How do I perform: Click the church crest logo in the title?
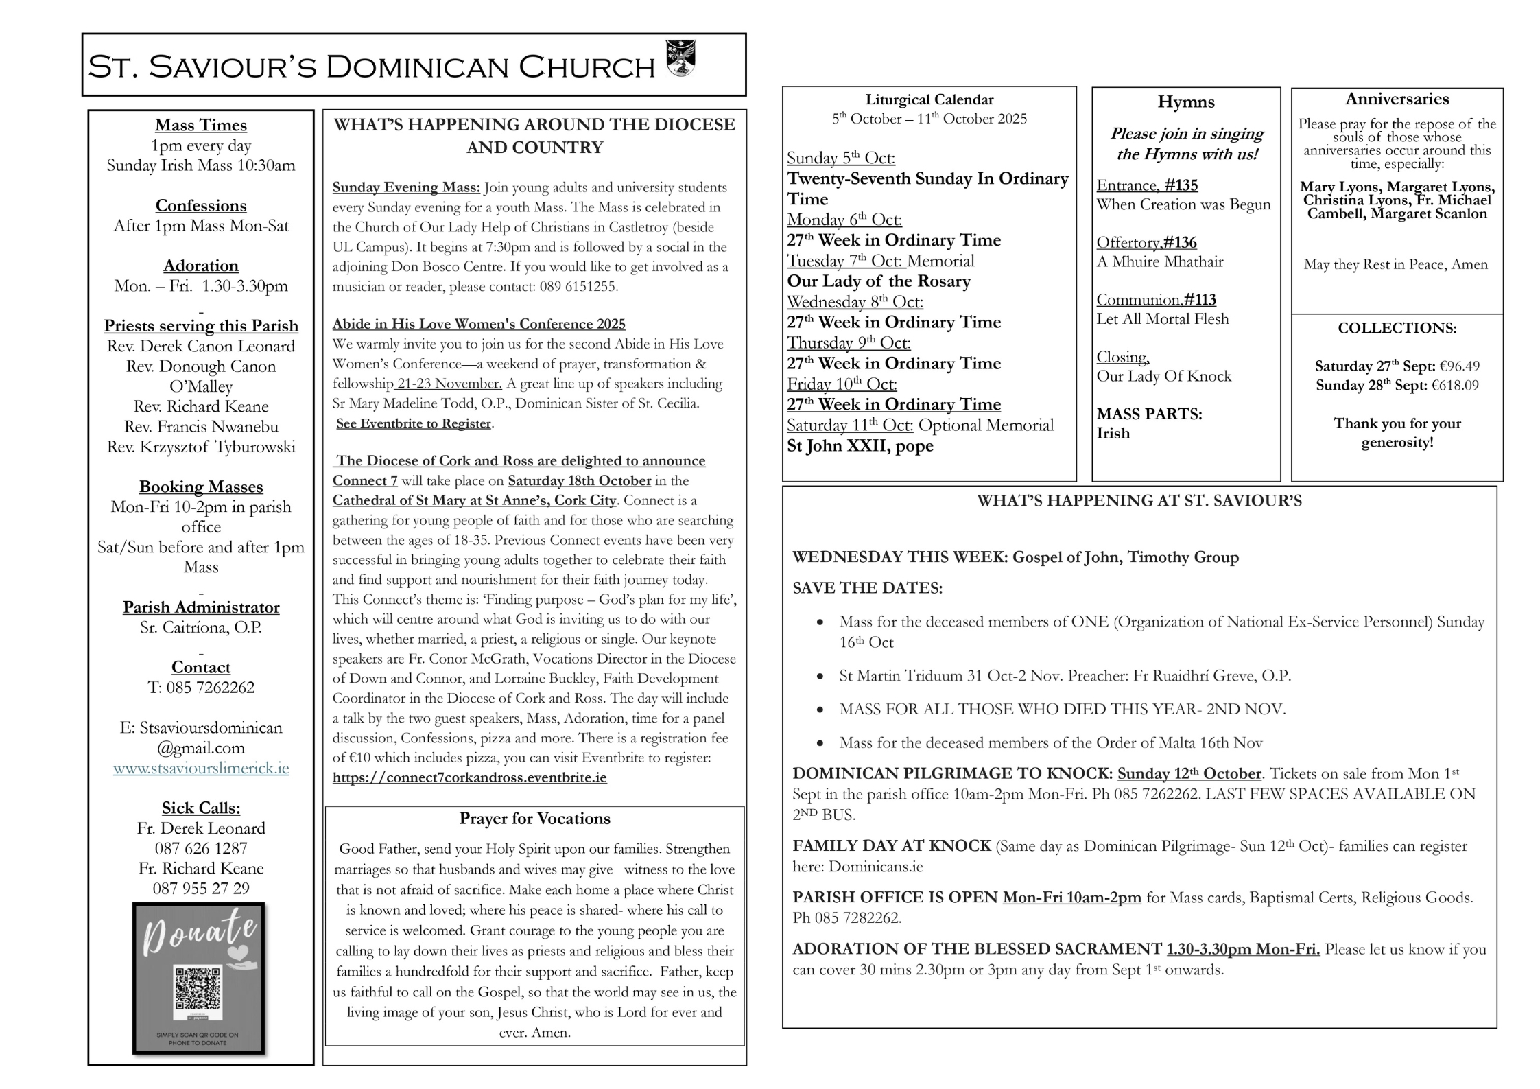click(680, 58)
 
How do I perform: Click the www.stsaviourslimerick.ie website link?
click(201, 768)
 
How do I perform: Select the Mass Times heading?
click(201, 125)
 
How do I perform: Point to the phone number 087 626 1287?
click(201, 848)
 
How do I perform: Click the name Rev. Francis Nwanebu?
click(201, 426)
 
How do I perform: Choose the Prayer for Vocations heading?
click(534, 819)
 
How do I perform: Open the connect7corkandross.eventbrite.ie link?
click(470, 777)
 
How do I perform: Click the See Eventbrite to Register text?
click(414, 423)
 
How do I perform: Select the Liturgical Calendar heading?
click(929, 99)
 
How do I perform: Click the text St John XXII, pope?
click(860, 445)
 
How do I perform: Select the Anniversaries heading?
click(1397, 99)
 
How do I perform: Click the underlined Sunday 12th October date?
click(1189, 773)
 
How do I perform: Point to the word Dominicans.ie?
click(875, 866)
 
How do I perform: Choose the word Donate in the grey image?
click(200, 931)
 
